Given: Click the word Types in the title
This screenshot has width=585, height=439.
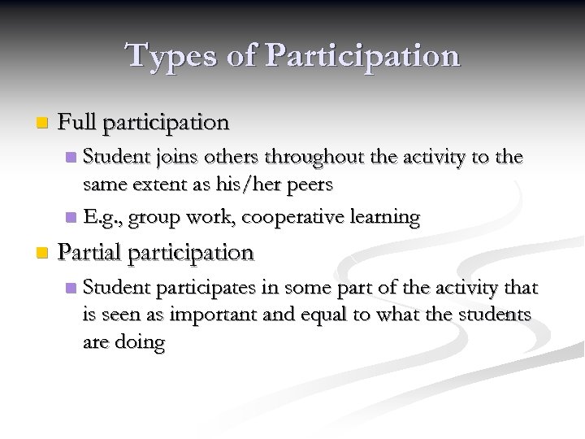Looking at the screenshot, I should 167,55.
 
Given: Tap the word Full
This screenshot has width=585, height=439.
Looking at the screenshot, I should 79,123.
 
